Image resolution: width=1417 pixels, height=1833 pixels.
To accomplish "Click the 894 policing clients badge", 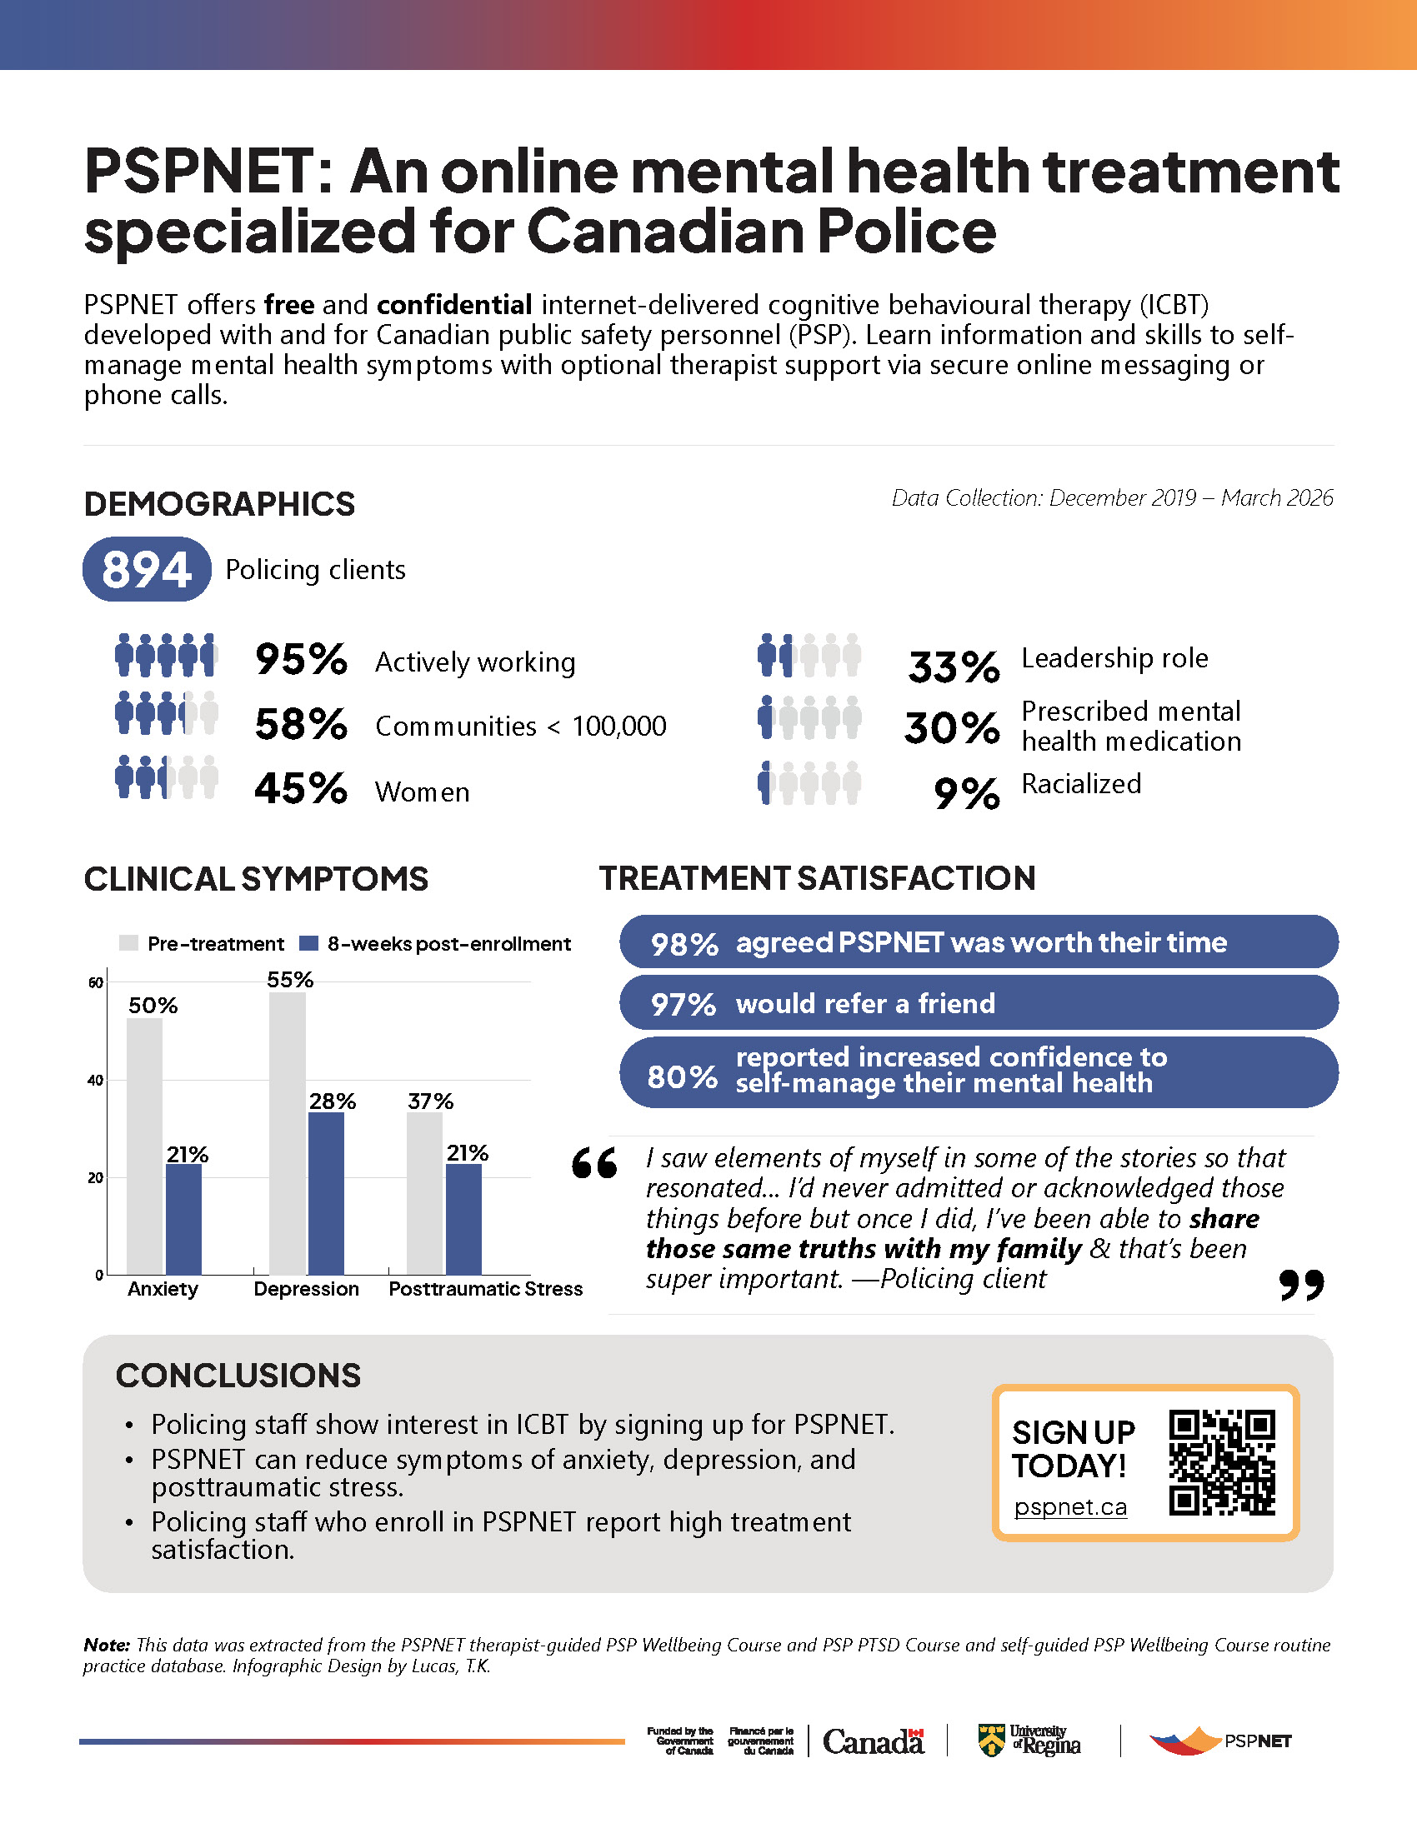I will click(146, 569).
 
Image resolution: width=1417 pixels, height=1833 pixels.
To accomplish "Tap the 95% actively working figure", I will click(301, 660).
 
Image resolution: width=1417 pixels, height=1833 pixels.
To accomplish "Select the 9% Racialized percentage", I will click(966, 792).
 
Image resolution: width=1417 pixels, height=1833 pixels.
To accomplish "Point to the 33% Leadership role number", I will click(954, 667).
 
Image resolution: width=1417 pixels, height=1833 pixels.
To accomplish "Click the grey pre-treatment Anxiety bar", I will click(144, 1146).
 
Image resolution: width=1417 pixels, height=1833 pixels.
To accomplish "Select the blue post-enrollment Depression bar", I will click(326, 1193).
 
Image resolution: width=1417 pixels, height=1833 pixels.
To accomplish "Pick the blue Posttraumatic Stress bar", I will click(463, 1220).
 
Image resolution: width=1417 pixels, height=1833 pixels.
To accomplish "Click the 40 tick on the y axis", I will click(95, 1080).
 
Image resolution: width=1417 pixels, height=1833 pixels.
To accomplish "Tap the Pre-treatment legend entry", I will click(203, 943).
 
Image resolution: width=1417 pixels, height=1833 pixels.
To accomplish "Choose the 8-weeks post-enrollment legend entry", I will click(436, 943).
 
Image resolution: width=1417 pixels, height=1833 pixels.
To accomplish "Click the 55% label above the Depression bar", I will click(290, 980).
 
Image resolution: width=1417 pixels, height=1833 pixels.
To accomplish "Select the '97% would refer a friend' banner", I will click(978, 1003).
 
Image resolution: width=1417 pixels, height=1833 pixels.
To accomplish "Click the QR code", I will click(1221, 1463).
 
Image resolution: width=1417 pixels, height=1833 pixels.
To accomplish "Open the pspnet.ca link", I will click(1070, 1506).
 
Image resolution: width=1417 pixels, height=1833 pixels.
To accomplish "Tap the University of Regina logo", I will click(1029, 1741).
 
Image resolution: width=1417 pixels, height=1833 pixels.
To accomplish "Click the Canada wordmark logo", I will click(873, 1741).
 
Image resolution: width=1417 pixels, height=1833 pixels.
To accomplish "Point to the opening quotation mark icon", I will click(594, 1163).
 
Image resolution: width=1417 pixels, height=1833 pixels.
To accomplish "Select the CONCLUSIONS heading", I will click(238, 1375).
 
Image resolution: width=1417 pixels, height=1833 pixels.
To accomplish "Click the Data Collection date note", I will click(1111, 497).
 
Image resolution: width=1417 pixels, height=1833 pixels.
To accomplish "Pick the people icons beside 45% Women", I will click(166, 777).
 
